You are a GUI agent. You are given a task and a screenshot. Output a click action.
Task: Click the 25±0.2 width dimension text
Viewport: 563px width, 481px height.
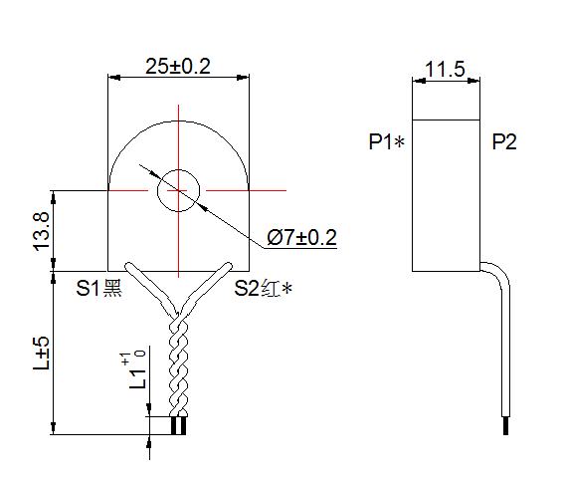pos(178,66)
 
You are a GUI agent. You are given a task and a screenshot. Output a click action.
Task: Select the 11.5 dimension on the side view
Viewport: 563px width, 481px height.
pos(445,69)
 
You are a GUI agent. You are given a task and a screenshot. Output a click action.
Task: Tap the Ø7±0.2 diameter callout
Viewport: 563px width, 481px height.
pos(302,238)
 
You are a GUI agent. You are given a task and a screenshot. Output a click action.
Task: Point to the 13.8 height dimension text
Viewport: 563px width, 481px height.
pos(41,230)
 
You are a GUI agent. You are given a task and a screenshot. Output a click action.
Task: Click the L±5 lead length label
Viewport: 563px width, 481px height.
pos(41,354)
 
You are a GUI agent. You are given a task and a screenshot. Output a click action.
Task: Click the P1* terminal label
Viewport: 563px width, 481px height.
pos(385,143)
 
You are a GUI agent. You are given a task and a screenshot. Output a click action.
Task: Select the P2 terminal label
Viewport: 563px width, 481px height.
pos(504,143)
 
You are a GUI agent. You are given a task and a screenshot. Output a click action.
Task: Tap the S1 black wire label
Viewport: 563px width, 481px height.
pos(99,289)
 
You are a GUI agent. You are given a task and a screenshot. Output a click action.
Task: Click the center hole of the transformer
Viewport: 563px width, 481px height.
pos(178,190)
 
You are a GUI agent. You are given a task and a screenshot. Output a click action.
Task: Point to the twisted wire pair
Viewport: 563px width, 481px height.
pos(179,359)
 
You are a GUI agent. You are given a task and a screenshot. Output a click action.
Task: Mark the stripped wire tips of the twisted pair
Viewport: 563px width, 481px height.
pos(179,426)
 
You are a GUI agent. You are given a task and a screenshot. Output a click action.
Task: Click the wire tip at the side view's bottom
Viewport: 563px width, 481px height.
pos(508,426)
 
